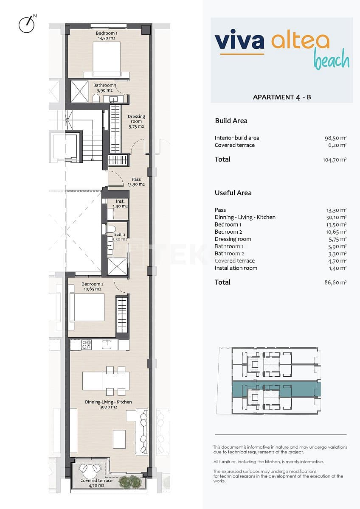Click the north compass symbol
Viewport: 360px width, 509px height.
(x=26, y=24)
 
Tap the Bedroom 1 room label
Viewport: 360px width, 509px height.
(x=104, y=36)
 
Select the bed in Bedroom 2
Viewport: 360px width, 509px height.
(x=87, y=307)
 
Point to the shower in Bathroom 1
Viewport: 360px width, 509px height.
(x=79, y=91)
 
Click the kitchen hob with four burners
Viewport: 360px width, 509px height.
(x=87, y=344)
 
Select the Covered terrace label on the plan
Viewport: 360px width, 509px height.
(x=96, y=483)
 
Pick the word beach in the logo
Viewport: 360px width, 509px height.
(x=332, y=60)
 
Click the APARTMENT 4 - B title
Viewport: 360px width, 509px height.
(x=282, y=97)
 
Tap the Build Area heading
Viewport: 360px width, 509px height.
(x=231, y=121)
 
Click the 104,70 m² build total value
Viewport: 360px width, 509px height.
(x=335, y=160)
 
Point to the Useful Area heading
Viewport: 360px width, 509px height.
(x=233, y=193)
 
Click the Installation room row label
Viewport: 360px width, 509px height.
(x=236, y=268)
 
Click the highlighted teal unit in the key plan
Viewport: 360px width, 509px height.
(x=276, y=389)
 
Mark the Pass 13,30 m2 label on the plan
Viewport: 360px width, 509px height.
(x=136, y=182)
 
